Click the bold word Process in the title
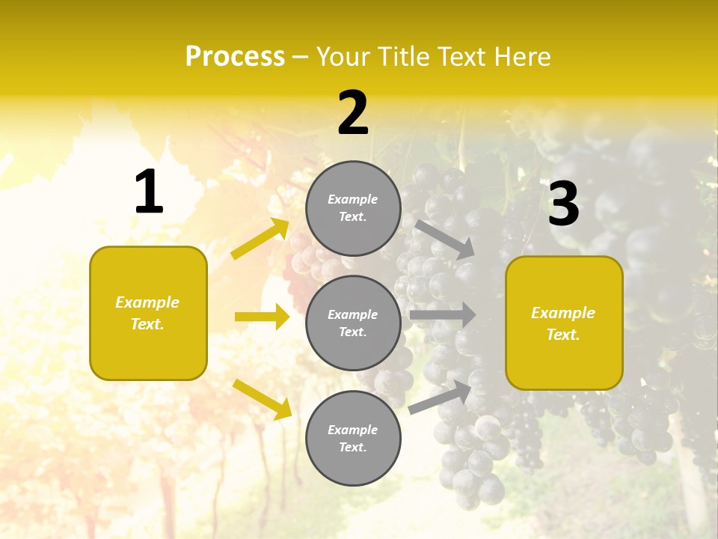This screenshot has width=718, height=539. click(235, 57)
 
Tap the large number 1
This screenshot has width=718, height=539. click(149, 192)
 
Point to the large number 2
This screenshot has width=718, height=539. click(353, 113)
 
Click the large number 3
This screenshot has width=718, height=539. click(563, 204)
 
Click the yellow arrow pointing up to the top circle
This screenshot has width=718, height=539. click(260, 239)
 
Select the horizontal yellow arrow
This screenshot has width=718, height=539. click(262, 317)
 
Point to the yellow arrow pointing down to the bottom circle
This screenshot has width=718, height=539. click(262, 398)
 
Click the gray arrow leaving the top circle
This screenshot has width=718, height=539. click(444, 239)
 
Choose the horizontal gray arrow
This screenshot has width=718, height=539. click(443, 314)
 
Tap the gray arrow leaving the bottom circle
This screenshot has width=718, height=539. click(441, 397)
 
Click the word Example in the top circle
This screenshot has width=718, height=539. click(353, 199)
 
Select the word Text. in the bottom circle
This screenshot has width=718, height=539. click(353, 447)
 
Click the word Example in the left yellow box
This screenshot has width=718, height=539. click(147, 302)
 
